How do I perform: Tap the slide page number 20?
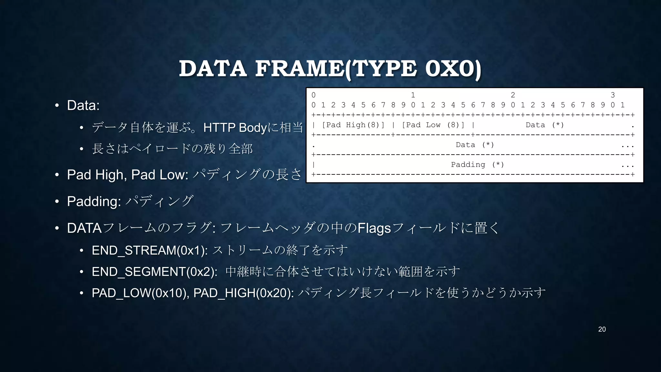point(602,329)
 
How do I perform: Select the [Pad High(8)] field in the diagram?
point(353,125)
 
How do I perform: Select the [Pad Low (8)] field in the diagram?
point(433,125)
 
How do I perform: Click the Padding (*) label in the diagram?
point(477,165)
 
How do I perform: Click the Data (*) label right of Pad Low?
point(544,125)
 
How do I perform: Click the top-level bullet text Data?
point(83,105)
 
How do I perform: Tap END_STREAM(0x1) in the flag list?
point(150,250)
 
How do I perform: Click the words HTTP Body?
point(235,128)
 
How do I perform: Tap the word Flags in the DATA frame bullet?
point(374,228)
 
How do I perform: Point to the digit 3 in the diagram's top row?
point(613,95)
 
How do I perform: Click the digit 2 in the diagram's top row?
point(513,95)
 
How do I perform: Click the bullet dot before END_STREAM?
point(82,250)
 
